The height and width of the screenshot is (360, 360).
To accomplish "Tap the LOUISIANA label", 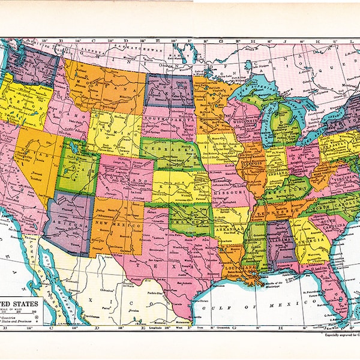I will coord(235,261).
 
